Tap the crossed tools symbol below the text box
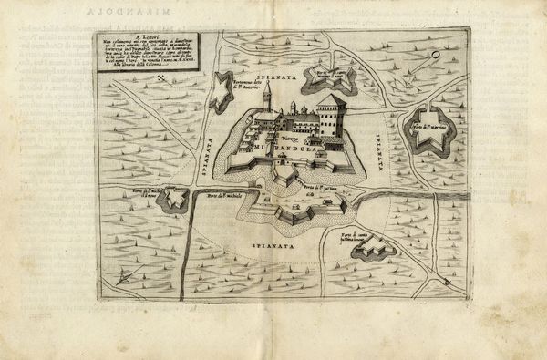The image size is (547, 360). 161,79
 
